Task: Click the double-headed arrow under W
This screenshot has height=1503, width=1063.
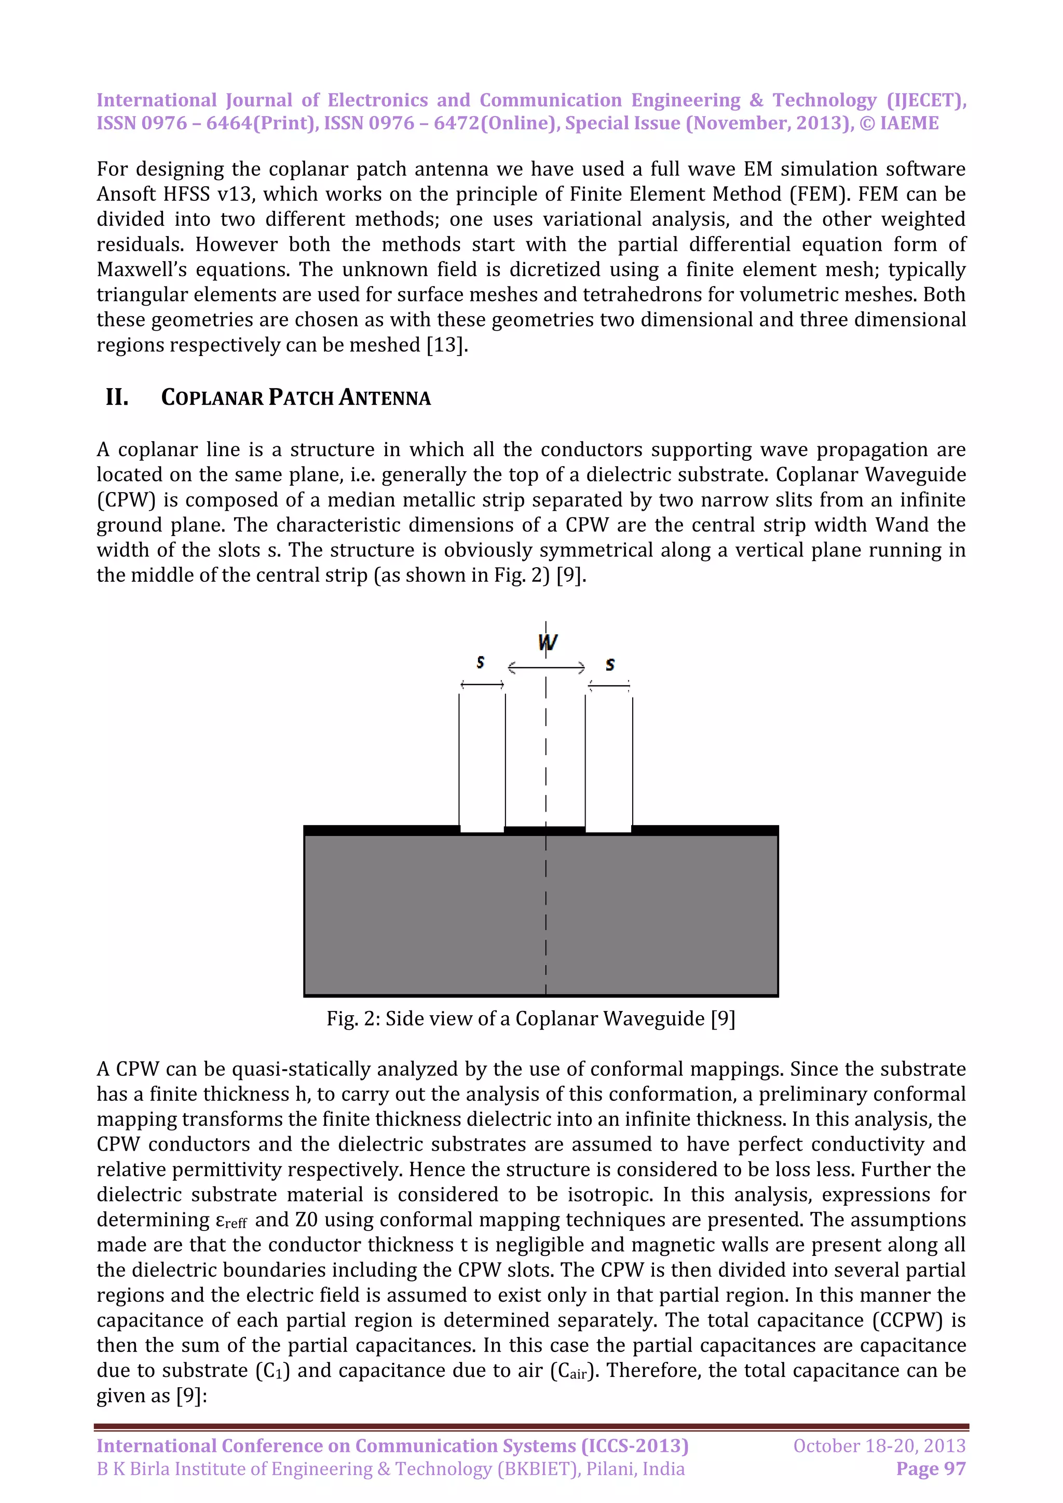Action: point(546,668)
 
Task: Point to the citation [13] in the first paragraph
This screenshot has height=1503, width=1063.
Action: point(447,345)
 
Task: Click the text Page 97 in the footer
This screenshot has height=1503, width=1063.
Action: point(931,1469)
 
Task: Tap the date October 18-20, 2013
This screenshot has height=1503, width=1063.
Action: point(879,1445)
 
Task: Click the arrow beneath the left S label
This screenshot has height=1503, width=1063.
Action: point(482,685)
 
